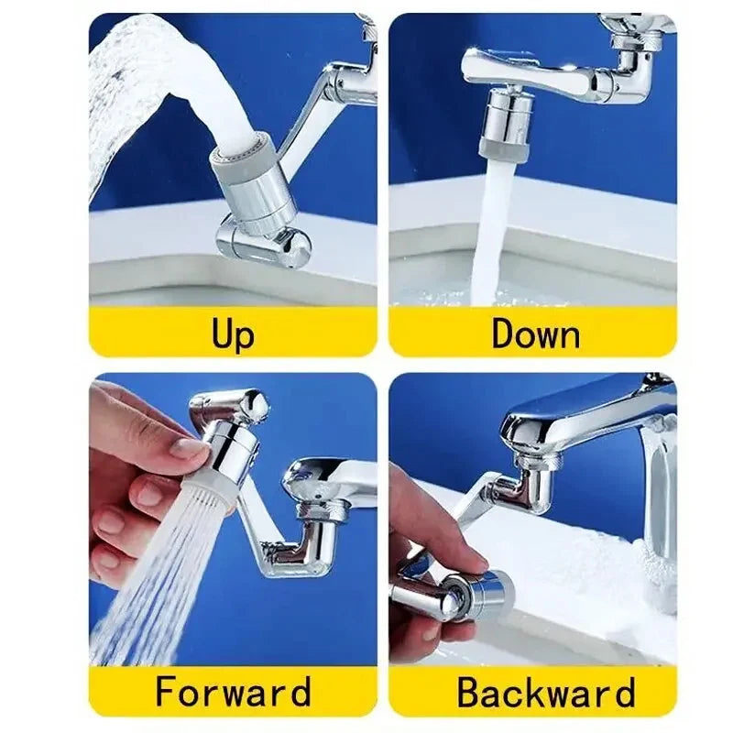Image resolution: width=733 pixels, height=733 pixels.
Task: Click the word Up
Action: [233, 333]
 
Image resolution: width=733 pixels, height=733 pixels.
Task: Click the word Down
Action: [535, 333]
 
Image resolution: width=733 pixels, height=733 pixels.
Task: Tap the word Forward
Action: [233, 691]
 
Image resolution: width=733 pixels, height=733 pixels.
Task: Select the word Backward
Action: [546, 691]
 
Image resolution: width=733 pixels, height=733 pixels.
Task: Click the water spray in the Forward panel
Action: [156, 568]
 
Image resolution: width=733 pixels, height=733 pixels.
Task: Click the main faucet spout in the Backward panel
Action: [586, 412]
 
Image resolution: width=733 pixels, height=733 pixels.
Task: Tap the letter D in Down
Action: [503, 333]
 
